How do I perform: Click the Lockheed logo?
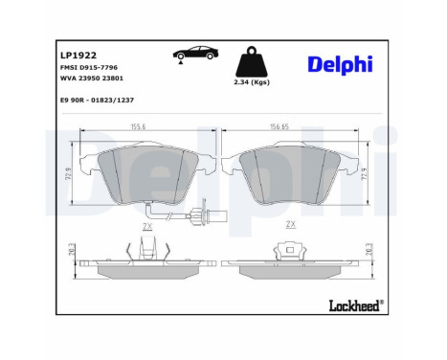pyautogui.click(x=353, y=305)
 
